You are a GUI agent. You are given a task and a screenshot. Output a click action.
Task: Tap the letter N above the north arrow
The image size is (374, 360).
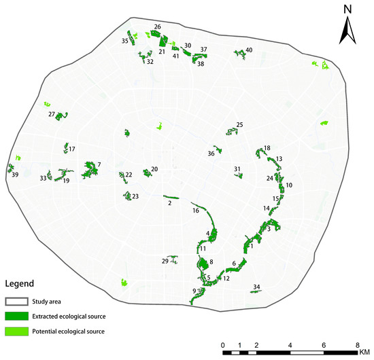point(347,8)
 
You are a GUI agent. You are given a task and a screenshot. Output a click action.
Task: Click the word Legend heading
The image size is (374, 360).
point(20,283)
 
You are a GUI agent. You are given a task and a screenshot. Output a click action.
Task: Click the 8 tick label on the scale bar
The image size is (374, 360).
point(358,346)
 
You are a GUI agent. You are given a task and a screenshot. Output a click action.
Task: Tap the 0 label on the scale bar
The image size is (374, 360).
point(224,346)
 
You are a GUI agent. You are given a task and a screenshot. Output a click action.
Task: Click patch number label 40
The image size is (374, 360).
point(250,50)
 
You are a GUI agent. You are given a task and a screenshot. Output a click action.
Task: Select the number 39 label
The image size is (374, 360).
point(14,175)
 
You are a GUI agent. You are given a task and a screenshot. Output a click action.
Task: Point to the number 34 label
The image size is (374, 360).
point(256,287)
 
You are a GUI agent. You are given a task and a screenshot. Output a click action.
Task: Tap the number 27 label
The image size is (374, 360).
point(52,115)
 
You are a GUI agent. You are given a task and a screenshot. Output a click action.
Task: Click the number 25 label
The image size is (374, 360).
point(239,125)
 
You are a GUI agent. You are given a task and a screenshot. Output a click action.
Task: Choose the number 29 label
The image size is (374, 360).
point(165,262)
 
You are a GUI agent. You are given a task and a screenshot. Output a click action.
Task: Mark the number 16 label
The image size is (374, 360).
point(196,211)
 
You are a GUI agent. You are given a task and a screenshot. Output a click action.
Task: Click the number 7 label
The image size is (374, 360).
point(99,164)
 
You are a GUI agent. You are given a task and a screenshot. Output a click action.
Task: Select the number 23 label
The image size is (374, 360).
point(135,197)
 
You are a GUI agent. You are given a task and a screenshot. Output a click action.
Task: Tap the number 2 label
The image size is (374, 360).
point(169,203)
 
